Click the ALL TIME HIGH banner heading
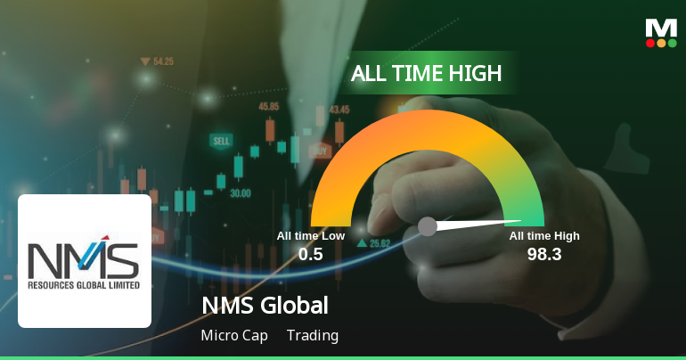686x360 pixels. (427, 73)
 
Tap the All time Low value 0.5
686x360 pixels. (311, 254)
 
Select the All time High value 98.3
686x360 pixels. (544, 254)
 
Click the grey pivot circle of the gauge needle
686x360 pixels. (428, 226)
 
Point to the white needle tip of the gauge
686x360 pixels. (519, 222)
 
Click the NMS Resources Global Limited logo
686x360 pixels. (84, 261)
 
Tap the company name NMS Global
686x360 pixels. (265, 306)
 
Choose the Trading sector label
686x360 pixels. (313, 336)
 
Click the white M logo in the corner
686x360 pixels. (661, 27)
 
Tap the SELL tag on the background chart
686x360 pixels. (220, 141)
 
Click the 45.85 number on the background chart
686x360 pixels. (268, 106)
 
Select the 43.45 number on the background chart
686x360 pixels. (339, 110)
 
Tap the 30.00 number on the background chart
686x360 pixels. (240, 192)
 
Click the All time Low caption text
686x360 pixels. (311, 236)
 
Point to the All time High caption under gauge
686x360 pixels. (544, 236)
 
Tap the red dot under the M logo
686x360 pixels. (650, 43)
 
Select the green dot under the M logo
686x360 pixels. (672, 43)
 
